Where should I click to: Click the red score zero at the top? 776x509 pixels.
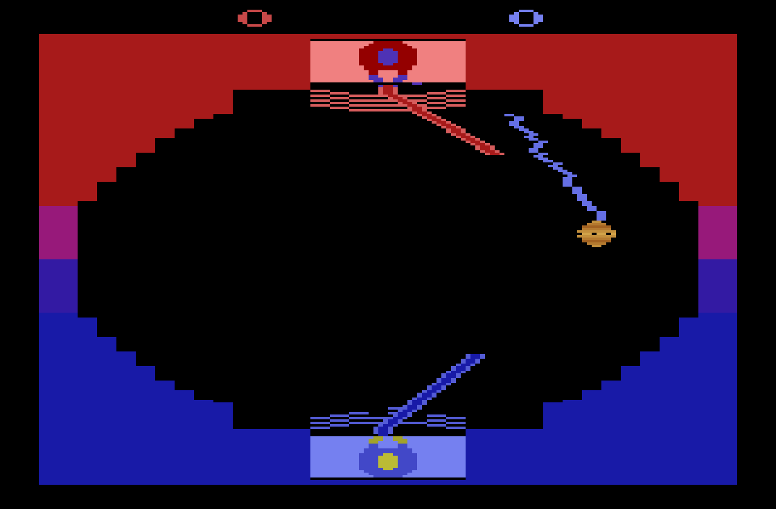pos(255,18)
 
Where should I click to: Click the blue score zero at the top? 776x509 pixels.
pos(526,18)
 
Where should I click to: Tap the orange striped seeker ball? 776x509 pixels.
pos(596,234)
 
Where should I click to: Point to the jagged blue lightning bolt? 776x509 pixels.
pos(555,167)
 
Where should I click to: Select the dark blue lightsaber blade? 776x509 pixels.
pos(429,394)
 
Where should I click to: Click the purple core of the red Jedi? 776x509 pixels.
pos(388,57)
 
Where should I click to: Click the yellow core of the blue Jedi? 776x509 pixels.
pos(388,462)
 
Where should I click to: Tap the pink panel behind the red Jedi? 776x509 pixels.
pos(388,62)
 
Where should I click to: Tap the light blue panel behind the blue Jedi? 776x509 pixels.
pos(388,457)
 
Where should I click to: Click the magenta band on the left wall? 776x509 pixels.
pos(58,233)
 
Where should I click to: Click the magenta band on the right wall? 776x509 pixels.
pos(718,233)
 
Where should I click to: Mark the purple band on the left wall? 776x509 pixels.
pos(58,286)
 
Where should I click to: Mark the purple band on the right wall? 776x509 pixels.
pos(718,286)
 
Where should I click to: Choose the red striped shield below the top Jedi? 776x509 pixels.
pos(388,101)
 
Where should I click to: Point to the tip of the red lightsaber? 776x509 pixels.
pos(503,154)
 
